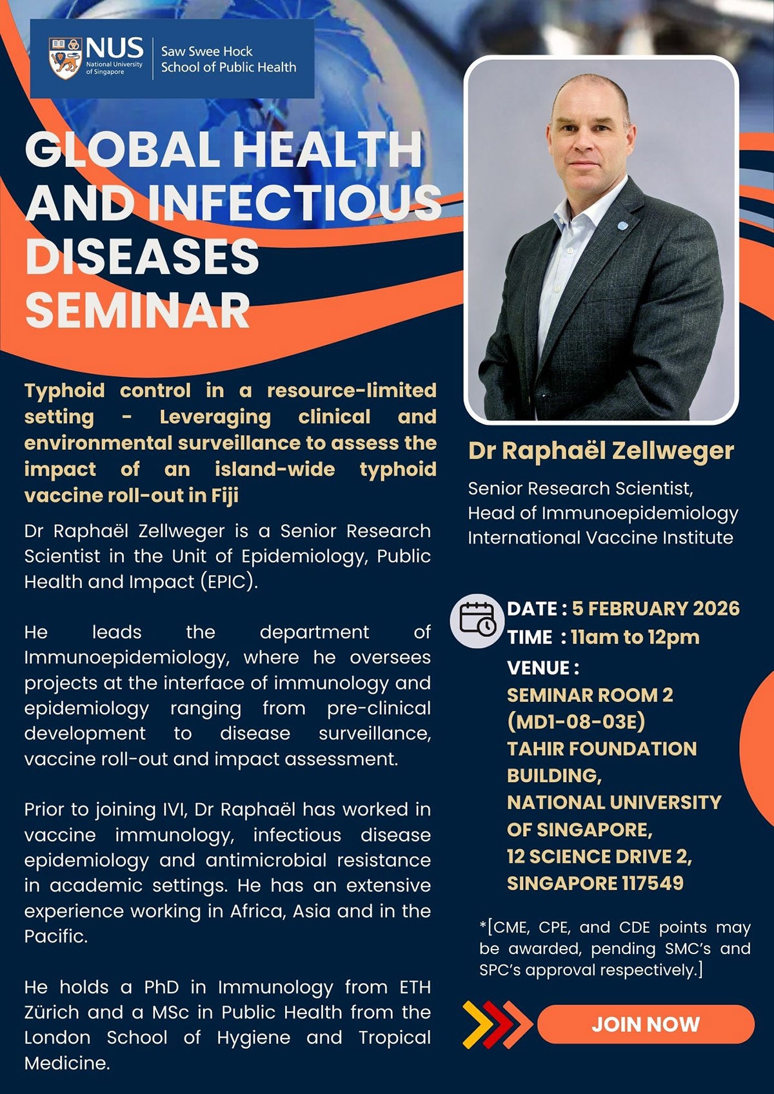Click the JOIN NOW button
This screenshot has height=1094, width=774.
pos(645,1024)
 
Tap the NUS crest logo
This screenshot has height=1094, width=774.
pos(65,58)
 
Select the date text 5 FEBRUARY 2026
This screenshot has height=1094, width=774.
pos(655,609)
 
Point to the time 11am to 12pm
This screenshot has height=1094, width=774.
pos(635,637)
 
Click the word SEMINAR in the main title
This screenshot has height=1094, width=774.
pos(137,310)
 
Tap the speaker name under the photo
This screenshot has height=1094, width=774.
pos(600,451)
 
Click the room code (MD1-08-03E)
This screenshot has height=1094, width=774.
pos(576,721)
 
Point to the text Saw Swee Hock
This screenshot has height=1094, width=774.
pos(206,51)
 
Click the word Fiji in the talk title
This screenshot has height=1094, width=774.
pos(224,495)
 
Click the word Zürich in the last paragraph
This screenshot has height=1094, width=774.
pos(52,1012)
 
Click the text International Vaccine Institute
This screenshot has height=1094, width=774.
pos(600,538)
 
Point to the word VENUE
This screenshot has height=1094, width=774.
pos(539,668)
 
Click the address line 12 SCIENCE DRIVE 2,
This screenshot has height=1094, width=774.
pos(599,856)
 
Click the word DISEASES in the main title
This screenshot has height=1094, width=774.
pos(142,256)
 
